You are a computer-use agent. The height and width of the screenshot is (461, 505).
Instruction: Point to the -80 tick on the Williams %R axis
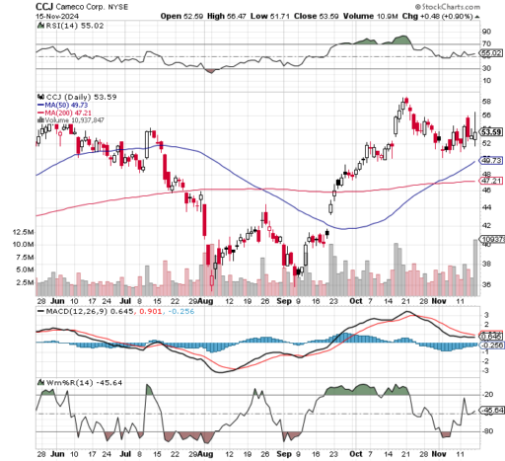[x=486, y=431]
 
